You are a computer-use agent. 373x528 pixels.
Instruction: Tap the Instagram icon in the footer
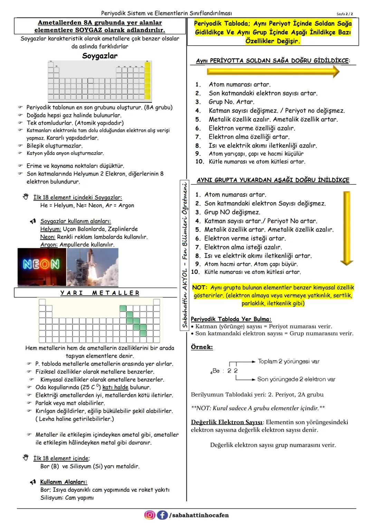coord(149,515)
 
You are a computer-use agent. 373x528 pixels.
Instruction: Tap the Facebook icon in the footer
coord(162,515)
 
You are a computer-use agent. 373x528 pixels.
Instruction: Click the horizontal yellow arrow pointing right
coord(273,72)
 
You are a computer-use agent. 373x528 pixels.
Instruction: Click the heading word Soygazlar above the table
coord(100,56)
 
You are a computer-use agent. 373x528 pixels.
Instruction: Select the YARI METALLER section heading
coord(99,293)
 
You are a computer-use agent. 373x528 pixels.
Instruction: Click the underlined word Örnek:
coord(202,347)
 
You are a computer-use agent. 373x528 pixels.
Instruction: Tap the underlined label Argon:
coord(49,245)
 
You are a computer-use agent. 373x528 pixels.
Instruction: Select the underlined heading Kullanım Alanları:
coord(64,482)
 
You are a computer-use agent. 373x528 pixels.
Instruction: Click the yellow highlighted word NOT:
coord(199,288)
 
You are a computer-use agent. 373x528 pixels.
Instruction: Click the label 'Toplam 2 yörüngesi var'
coord(288,362)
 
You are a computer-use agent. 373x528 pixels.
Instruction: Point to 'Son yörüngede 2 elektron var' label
coord(296,379)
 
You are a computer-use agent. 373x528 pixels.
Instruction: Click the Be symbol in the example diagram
coord(216,371)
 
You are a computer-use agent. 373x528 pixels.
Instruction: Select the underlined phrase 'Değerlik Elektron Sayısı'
coord(227,422)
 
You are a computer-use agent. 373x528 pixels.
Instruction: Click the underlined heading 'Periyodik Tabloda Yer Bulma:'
coord(231,319)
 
